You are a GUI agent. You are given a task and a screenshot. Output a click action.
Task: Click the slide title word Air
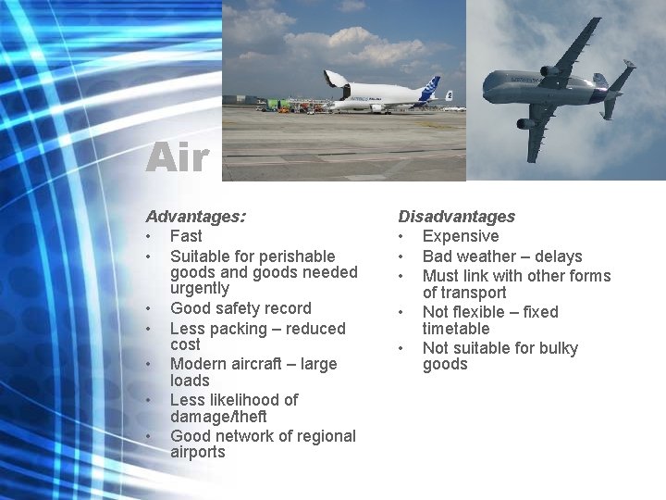(177, 157)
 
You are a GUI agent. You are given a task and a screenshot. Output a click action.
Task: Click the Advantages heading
(195, 217)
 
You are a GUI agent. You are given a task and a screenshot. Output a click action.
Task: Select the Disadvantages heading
(456, 217)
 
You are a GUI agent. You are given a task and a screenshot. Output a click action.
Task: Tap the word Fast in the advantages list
(186, 236)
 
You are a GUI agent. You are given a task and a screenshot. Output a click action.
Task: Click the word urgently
(200, 289)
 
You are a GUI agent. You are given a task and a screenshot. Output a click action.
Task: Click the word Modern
(198, 364)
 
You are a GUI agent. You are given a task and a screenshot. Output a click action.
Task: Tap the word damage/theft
(218, 417)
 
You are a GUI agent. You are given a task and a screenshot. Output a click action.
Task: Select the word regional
(325, 436)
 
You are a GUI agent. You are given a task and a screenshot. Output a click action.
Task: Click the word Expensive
(461, 236)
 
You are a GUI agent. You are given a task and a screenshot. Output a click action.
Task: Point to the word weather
(490, 256)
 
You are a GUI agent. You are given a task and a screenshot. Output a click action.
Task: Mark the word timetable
(456, 329)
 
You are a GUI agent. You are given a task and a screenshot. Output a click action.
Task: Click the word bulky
(554, 349)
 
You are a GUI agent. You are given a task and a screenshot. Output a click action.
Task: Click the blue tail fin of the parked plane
(430, 89)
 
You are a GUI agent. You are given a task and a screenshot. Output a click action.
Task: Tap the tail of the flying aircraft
(618, 88)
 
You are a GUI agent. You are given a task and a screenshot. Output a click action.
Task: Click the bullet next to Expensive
(402, 236)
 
